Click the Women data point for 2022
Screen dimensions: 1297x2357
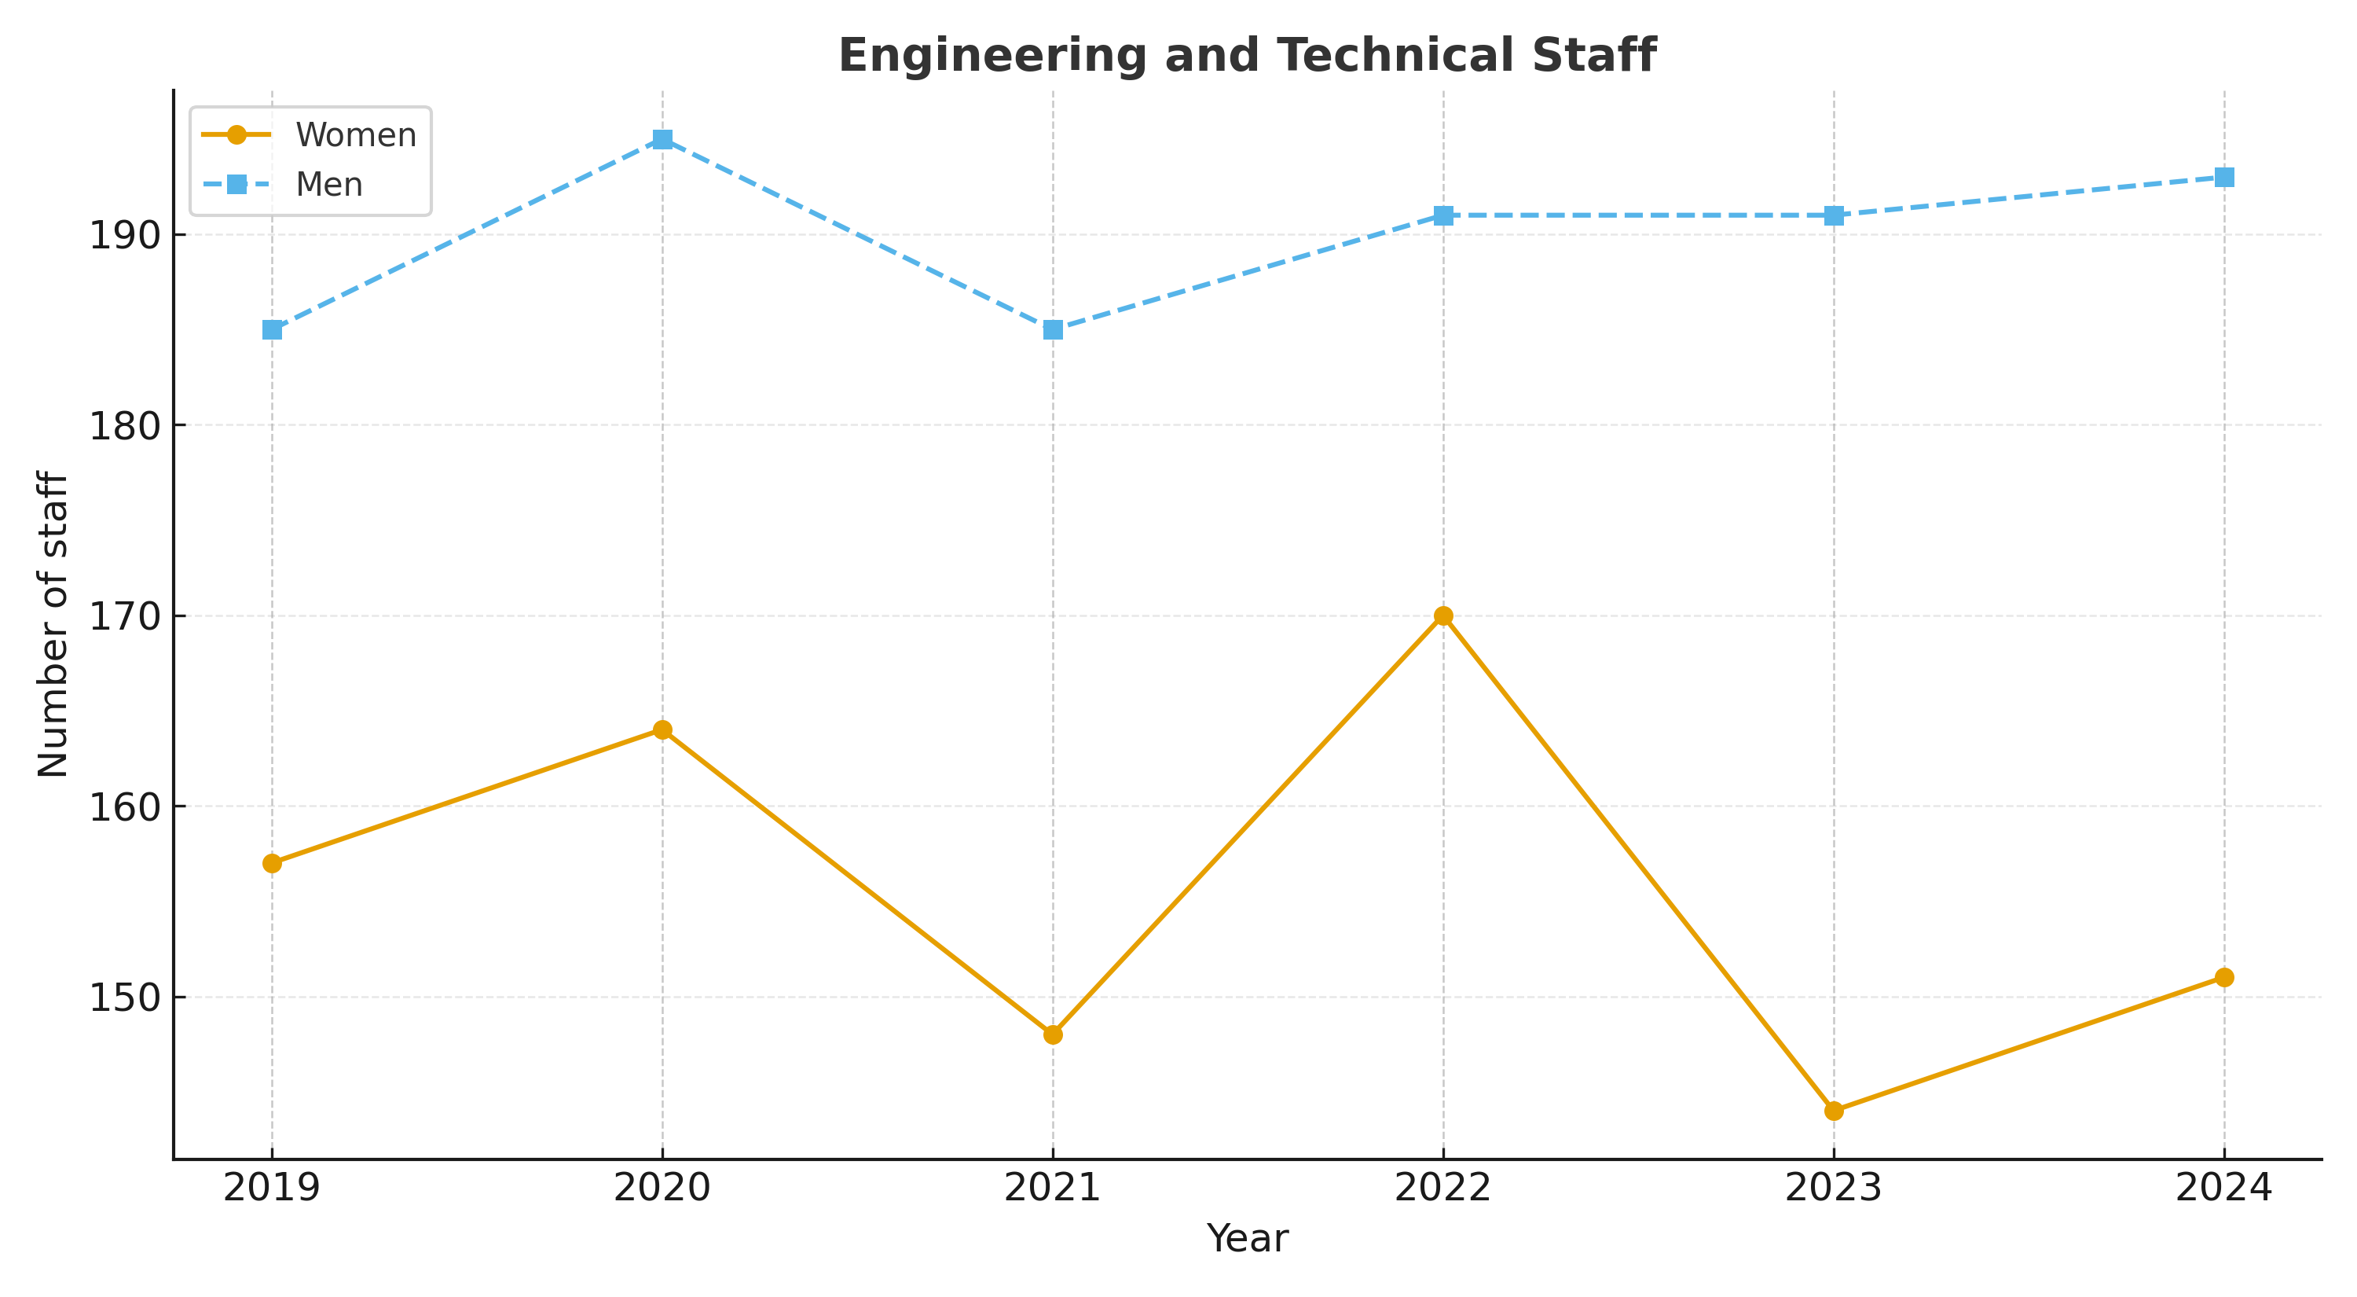click(1443, 616)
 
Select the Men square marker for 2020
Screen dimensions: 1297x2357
click(662, 139)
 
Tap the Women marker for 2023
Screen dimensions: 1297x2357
click(1834, 1111)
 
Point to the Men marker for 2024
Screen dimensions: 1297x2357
click(2224, 178)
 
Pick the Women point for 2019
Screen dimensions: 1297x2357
click(272, 863)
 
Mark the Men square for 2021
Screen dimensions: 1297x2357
click(1053, 329)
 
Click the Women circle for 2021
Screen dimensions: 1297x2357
click(1053, 1035)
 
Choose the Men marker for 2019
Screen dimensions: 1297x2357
click(272, 329)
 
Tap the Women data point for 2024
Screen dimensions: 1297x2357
click(2224, 978)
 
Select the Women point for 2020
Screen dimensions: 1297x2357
click(662, 729)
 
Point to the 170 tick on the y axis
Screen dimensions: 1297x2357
click(123, 616)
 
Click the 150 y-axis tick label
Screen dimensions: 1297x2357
click(123, 998)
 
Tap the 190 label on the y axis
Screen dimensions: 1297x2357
click(123, 235)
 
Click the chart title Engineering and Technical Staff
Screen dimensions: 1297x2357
click(1247, 56)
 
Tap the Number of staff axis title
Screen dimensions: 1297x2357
click(53, 624)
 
